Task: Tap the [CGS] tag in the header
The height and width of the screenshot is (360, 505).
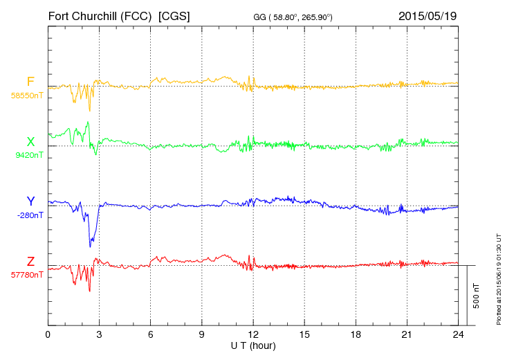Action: pyautogui.click(x=174, y=15)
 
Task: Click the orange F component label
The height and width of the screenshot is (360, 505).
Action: pyautogui.click(x=30, y=82)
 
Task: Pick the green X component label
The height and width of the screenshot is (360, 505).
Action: pyautogui.click(x=30, y=142)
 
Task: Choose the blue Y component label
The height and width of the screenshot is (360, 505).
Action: pyautogui.click(x=30, y=201)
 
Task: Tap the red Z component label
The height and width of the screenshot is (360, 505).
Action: pyautogui.click(x=30, y=261)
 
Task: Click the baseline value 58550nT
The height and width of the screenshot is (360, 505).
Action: pyautogui.click(x=27, y=96)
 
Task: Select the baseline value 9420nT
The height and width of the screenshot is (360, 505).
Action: pyautogui.click(x=29, y=155)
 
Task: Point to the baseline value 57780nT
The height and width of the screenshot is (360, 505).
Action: pyautogui.click(x=27, y=275)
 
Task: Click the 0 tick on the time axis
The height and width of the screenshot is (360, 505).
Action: pyautogui.click(x=48, y=334)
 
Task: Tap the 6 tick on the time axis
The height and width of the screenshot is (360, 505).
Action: pyautogui.click(x=151, y=334)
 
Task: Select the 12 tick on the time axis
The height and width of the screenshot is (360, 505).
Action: pyautogui.click(x=253, y=334)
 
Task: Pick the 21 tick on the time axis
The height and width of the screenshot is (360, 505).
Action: pyautogui.click(x=407, y=334)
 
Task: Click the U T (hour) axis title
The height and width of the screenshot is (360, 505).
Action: pyautogui.click(x=253, y=345)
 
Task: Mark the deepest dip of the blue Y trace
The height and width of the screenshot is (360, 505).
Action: pyautogui.click(x=90, y=246)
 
